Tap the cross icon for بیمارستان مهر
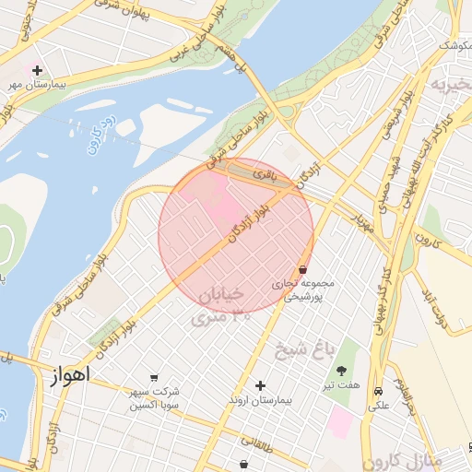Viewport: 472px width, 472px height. click(x=37, y=70)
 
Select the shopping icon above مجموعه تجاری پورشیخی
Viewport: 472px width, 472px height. click(x=303, y=269)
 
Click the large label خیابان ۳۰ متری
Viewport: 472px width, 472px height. click(x=218, y=305)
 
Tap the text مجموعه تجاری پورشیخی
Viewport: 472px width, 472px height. click(x=303, y=290)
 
